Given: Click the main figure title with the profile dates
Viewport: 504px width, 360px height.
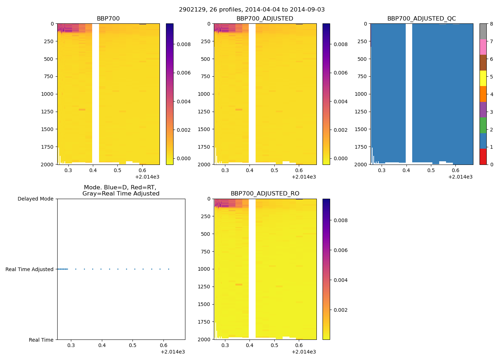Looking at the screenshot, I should pyautogui.click(x=252, y=10).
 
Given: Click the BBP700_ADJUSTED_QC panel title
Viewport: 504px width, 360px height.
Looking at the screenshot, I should pyautogui.click(x=422, y=18).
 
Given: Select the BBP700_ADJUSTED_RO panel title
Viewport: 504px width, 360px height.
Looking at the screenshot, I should pyautogui.click(x=265, y=194).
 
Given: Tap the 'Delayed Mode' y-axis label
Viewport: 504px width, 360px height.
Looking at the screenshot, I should pyautogui.click(x=35, y=199).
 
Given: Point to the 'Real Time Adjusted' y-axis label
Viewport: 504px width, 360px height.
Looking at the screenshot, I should pyautogui.click(x=29, y=269).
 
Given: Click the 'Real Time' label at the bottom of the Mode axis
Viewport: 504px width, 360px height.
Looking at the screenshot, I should pyautogui.click(x=41, y=340).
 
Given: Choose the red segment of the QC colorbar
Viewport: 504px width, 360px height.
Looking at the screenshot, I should pyautogui.click(x=483, y=157).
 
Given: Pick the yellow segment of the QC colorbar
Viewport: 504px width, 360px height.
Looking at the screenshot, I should pyautogui.click(x=483, y=78).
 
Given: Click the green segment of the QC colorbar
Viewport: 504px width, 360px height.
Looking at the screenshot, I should pyautogui.click(x=483, y=125).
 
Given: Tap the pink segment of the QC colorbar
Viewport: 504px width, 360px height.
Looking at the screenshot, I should pyautogui.click(x=483, y=47).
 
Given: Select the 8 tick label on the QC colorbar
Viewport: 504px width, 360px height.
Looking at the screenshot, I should pyautogui.click(x=491, y=24).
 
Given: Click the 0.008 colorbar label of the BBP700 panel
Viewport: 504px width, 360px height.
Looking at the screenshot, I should pyautogui.click(x=184, y=44).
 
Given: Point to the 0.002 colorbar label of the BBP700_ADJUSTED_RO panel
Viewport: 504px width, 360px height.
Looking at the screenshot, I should pyautogui.click(x=340, y=310).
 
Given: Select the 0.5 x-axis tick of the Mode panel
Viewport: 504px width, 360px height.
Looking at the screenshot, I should pyautogui.click(x=133, y=346).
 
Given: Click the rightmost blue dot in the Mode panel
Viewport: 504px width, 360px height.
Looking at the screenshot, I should pyautogui.click(x=168, y=269).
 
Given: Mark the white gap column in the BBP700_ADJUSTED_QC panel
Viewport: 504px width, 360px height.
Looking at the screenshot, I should pyautogui.click(x=409, y=94).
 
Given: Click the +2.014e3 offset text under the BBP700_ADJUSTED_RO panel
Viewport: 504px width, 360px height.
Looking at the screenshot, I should pyautogui.click(x=304, y=352).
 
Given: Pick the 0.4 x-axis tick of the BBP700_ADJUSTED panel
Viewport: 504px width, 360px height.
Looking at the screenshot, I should pyautogui.click(x=250, y=170).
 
